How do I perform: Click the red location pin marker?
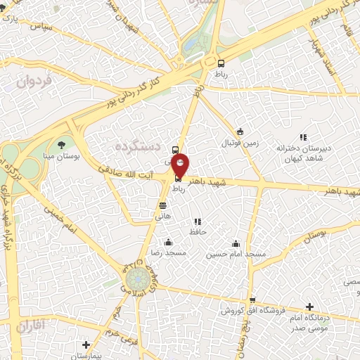click(180, 164)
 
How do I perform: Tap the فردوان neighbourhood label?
click(30, 81)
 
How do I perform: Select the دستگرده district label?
click(137, 146)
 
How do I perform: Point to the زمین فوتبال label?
click(241, 143)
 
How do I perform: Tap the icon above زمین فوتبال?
click(240, 131)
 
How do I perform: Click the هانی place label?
click(162, 217)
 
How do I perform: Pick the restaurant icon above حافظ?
click(198, 221)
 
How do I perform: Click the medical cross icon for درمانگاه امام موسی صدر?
click(309, 307)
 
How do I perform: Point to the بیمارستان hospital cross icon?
click(86, 345)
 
